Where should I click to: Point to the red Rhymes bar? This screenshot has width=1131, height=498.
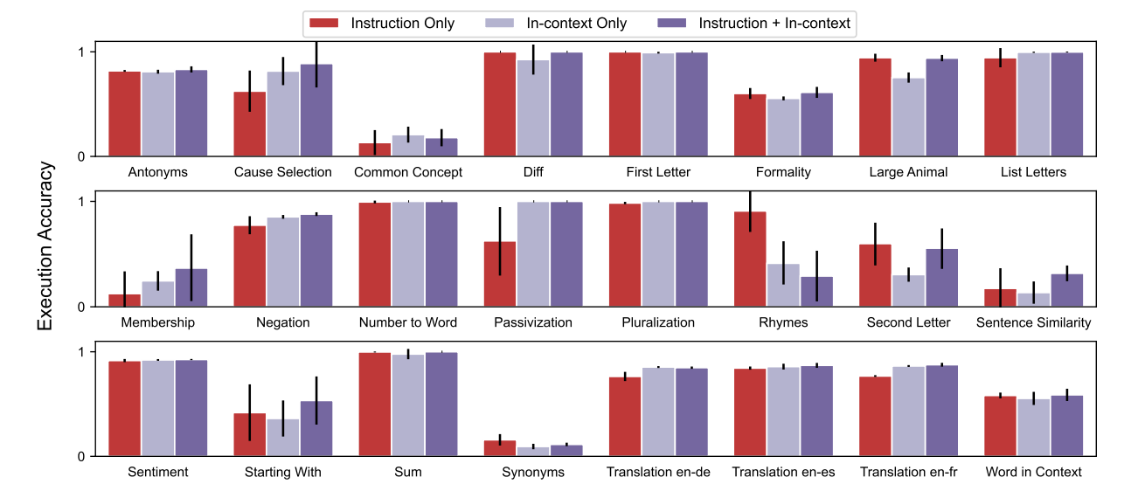click(750, 259)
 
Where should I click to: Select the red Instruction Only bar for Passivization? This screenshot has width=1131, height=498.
click(500, 274)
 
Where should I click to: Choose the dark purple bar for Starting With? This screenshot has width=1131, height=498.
click(316, 429)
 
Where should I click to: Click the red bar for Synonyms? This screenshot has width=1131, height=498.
click(500, 448)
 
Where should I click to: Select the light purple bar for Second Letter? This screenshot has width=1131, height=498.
click(908, 292)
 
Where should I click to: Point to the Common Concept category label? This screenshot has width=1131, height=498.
click(408, 172)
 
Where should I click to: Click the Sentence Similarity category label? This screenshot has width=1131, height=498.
click(1033, 322)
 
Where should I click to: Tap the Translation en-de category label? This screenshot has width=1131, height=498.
click(658, 473)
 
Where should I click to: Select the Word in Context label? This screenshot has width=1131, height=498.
click(1033, 473)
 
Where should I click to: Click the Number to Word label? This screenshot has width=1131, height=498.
click(408, 322)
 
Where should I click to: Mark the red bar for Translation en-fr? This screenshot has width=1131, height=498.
click(875, 417)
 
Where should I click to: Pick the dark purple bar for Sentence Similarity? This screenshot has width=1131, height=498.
click(1066, 291)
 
